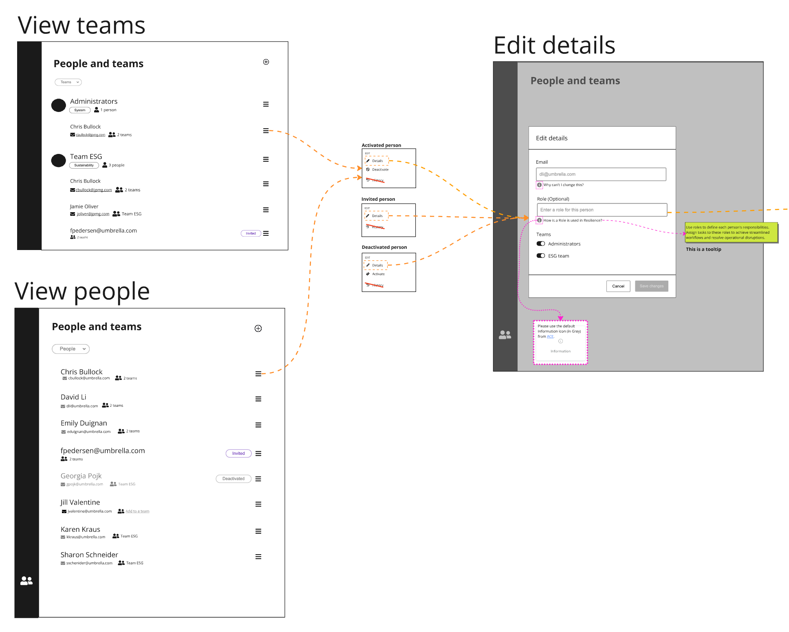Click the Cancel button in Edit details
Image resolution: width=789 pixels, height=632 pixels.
click(x=618, y=286)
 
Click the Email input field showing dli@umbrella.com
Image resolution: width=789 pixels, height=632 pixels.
click(x=601, y=174)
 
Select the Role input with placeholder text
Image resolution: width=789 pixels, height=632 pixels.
click(x=602, y=210)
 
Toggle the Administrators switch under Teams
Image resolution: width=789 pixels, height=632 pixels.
click(x=541, y=244)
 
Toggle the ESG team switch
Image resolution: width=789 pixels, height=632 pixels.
click(x=541, y=256)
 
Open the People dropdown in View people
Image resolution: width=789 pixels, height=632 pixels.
click(x=71, y=349)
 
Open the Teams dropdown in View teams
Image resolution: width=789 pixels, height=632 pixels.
click(x=68, y=82)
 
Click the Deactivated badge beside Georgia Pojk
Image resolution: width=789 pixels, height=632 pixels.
click(x=233, y=479)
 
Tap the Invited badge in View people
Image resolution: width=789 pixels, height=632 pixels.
click(x=238, y=454)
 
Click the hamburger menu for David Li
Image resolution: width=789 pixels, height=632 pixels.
click(x=258, y=399)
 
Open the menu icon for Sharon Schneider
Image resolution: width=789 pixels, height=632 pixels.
click(x=258, y=557)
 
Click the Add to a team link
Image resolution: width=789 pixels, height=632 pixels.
click(x=137, y=511)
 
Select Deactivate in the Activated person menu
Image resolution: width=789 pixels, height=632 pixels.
click(x=380, y=170)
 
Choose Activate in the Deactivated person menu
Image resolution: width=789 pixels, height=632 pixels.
click(x=378, y=274)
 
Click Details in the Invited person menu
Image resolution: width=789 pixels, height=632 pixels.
click(x=377, y=216)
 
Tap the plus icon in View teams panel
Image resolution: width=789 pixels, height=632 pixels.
click(x=266, y=62)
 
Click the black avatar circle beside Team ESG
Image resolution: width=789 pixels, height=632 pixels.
click(x=59, y=160)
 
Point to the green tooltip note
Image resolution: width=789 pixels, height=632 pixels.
click(x=731, y=233)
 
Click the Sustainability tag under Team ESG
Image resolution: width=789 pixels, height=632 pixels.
click(x=84, y=165)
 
